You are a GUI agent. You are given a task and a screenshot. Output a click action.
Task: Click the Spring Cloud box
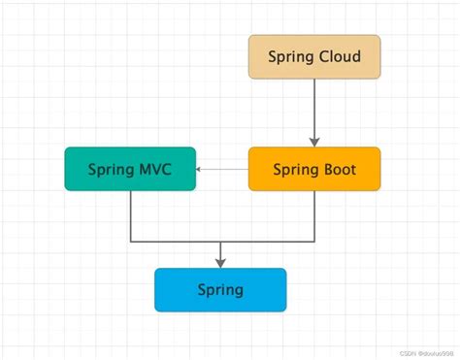coord(313,56)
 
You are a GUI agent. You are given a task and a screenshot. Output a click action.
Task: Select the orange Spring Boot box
coord(313,169)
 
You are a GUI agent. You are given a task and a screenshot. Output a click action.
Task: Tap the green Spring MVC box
coord(130,169)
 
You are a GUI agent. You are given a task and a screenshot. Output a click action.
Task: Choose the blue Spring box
coord(220,289)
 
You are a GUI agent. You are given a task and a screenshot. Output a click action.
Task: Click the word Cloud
coord(340,56)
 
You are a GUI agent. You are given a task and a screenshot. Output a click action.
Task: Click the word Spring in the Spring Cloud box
coord(290,56)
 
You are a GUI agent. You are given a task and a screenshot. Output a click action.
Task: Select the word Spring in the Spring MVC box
coord(108,169)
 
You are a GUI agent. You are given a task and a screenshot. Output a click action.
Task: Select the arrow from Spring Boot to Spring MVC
coord(222,169)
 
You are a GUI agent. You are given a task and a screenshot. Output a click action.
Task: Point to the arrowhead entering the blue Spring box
coord(220,263)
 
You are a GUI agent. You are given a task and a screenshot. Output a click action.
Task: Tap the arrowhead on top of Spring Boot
coord(313,143)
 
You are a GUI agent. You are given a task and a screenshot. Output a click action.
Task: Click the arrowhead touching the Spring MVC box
coord(200,169)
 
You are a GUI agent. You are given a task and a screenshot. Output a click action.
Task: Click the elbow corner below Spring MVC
coord(130,241)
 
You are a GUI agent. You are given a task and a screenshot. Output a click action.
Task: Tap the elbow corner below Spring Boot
coord(313,241)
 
